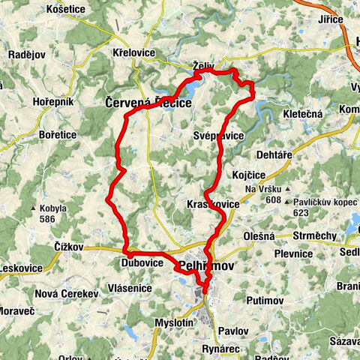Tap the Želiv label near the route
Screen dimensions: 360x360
pyautogui.click(x=198, y=66)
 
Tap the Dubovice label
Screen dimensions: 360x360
pyautogui.click(x=141, y=263)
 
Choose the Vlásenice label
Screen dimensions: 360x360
pyautogui.click(x=130, y=287)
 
